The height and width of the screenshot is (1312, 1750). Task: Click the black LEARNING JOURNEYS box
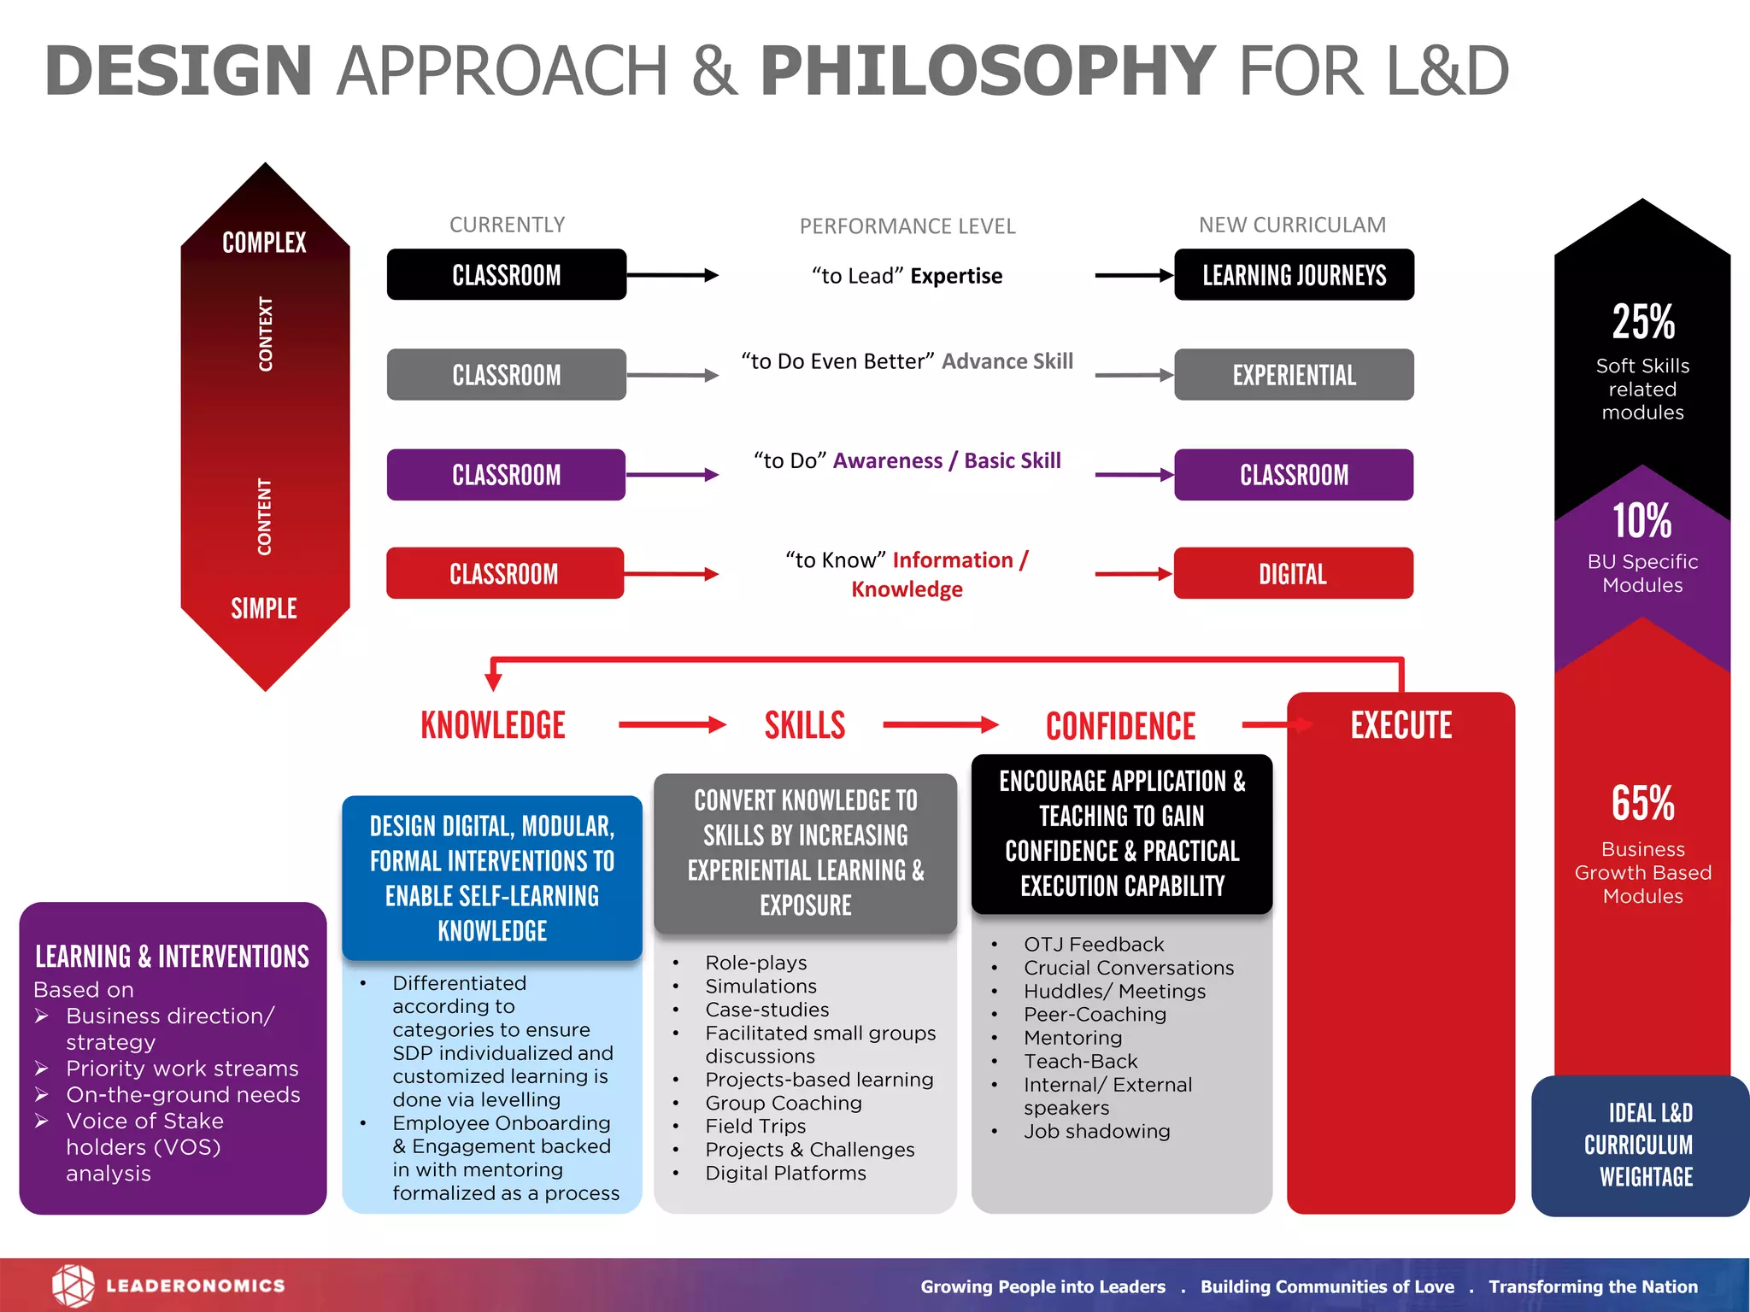(1294, 275)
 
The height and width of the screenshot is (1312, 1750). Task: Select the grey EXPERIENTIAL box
(1294, 375)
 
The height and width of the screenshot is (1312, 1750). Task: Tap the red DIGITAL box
(1293, 573)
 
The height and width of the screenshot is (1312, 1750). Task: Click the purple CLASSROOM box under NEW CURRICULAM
(1294, 475)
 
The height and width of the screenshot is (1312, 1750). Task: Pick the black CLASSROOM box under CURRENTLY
(506, 275)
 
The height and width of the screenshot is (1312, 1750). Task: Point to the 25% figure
(1642, 322)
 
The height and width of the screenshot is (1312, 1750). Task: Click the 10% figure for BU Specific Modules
(1642, 520)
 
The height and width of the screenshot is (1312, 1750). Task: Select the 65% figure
(1642, 803)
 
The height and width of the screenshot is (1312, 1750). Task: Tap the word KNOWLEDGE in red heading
(493, 725)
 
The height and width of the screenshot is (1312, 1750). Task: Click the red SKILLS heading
(804, 725)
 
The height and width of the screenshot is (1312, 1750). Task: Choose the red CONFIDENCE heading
(1120, 726)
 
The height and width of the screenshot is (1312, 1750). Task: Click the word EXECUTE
(1401, 725)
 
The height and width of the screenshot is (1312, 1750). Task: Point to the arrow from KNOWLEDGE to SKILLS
(672, 725)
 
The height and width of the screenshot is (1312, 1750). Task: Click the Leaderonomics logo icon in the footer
(73, 1286)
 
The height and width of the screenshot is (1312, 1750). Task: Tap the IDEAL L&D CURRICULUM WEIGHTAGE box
(1640, 1145)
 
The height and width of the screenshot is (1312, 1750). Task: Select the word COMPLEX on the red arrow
(264, 243)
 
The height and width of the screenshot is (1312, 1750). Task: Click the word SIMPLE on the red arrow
(264, 608)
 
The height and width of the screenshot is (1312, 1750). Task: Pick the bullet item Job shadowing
(1097, 1131)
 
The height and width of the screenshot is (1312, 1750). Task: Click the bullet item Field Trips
(755, 1126)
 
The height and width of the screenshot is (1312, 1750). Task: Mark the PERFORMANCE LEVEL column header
(907, 226)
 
